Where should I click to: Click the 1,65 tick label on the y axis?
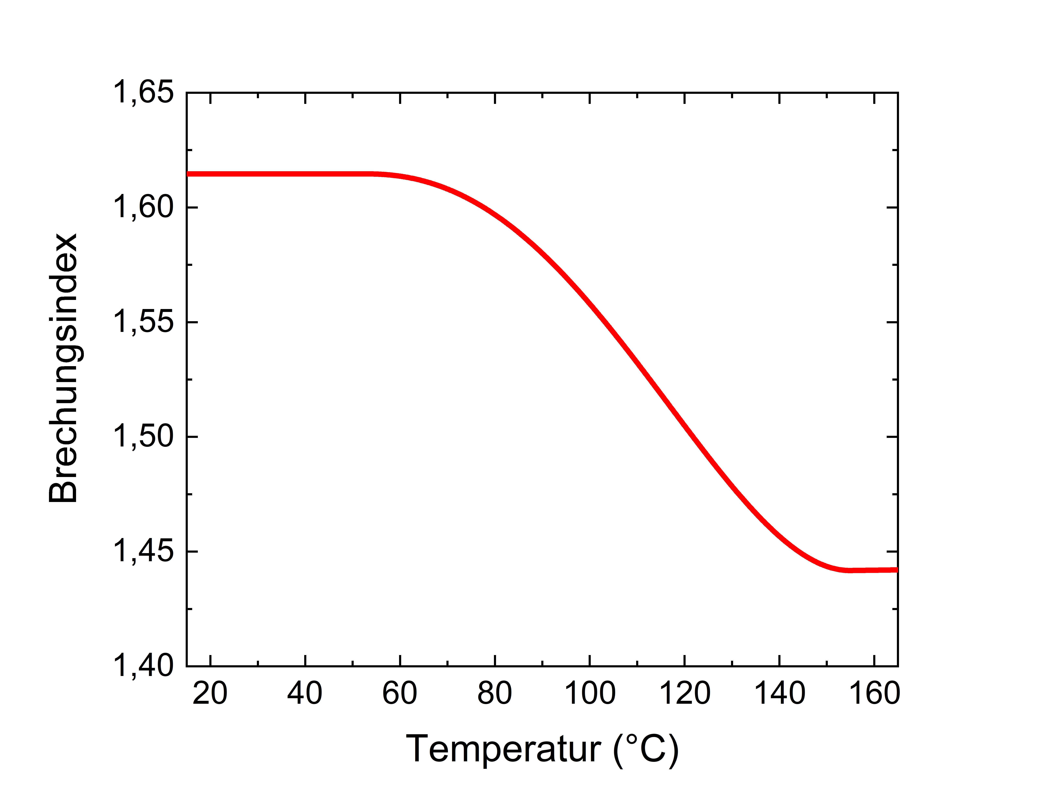tap(143, 93)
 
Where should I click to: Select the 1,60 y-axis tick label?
tap(143, 208)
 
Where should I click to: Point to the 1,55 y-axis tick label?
tap(143, 322)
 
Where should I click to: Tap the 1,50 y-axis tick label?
tap(143, 437)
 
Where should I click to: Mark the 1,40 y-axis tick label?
tap(143, 666)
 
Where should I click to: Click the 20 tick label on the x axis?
tap(210, 693)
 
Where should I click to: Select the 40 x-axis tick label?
tap(305, 693)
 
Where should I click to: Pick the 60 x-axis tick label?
tap(400, 693)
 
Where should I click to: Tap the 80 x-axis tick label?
tap(495, 693)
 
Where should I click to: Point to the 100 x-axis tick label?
tap(590, 693)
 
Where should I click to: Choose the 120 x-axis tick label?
tap(685, 693)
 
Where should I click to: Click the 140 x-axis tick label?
tap(780, 693)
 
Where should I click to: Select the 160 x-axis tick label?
tap(874, 693)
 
